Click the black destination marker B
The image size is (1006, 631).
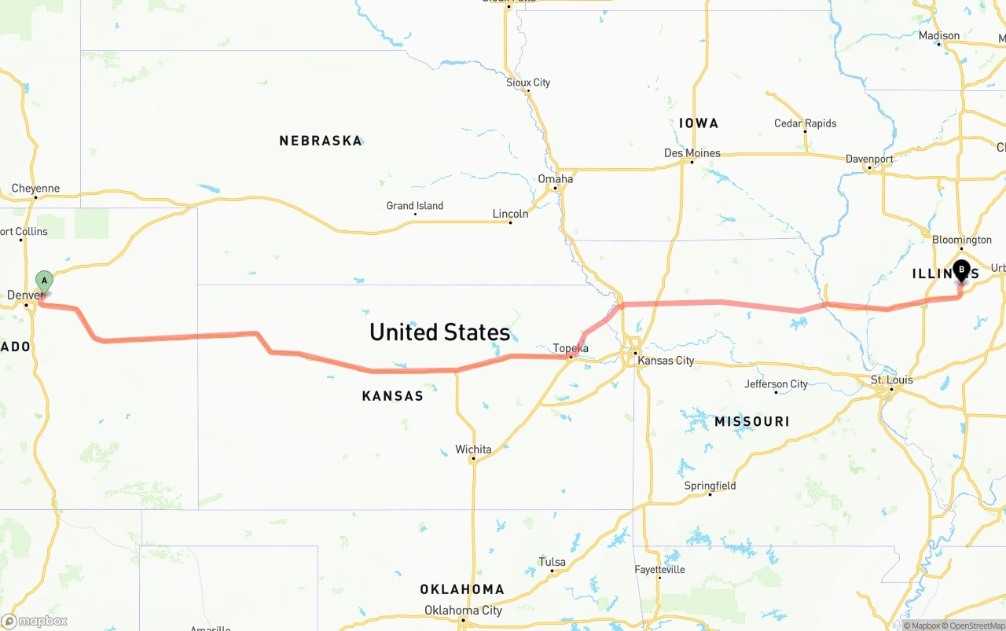961,271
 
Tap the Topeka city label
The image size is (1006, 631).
571,348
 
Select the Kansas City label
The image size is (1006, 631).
666,361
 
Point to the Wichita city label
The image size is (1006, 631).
473,449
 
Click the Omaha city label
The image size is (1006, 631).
555,179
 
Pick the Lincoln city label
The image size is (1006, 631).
510,214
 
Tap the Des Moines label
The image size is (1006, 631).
692,153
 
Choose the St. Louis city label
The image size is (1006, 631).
891,380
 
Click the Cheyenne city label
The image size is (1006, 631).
35,189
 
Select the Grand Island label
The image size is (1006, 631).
414,206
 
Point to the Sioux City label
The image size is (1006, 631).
528,83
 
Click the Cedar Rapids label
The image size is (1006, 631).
805,123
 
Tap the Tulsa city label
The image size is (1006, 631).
552,562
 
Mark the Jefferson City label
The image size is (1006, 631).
776,384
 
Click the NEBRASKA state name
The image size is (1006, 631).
321,141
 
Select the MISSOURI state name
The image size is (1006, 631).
751,422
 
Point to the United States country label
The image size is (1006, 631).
439,332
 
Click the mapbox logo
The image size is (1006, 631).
35,621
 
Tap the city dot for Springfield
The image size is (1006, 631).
710,494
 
